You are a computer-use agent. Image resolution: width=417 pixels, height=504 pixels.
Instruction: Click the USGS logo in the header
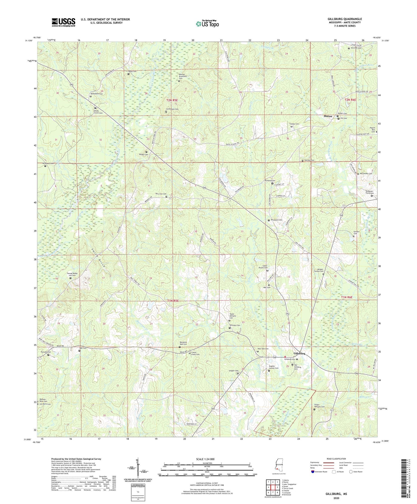[x=63, y=22]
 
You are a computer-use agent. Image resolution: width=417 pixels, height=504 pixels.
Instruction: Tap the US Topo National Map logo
[x=207, y=23]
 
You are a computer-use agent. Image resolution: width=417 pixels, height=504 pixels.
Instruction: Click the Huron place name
[x=328, y=116]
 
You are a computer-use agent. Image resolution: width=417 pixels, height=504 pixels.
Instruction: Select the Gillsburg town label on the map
[x=299, y=353]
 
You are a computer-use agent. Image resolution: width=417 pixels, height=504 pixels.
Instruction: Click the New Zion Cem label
[x=161, y=194]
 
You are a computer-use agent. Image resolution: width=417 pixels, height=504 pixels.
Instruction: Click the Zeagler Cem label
[x=233, y=371]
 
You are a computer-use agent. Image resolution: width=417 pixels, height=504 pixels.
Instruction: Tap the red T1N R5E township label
[x=173, y=301]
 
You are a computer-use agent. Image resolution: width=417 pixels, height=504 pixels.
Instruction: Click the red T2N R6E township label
[x=350, y=100]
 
